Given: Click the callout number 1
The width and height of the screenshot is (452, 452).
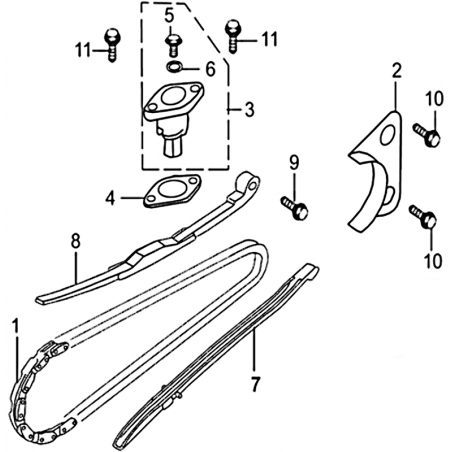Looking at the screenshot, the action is coord(15,329).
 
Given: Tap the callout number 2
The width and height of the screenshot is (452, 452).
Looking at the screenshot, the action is coord(396,70).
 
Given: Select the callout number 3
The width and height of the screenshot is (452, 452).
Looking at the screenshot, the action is coord(249,110).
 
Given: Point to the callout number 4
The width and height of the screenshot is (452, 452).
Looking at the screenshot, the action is coord(110,198).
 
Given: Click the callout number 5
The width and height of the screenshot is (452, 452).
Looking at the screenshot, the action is coord(169,16).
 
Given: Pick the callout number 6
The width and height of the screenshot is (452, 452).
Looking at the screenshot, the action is coord(210,70).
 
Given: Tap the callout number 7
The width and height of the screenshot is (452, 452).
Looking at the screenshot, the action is coord(255,384).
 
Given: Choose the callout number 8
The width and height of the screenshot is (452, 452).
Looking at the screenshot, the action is coord(76,242).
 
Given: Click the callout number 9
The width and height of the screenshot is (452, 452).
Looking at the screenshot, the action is coord(294,162).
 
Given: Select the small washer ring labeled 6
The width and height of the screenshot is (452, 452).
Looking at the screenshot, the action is coord(173,67).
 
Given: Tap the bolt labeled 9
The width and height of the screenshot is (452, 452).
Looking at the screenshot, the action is coord(294,208).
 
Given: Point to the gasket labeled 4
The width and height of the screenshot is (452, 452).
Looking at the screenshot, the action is coord(172,192).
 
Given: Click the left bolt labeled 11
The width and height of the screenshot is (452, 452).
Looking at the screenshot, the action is coord(113,45).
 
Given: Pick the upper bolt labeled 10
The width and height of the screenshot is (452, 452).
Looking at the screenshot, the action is coord(427,134).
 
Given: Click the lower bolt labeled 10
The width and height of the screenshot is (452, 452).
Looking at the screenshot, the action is coord(423,217).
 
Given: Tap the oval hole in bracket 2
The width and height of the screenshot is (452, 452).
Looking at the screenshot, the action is coord(387,136).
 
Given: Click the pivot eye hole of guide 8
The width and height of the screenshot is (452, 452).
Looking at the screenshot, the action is coord(254,185).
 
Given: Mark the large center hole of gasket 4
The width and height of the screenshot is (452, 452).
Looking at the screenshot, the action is coord(171,189).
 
